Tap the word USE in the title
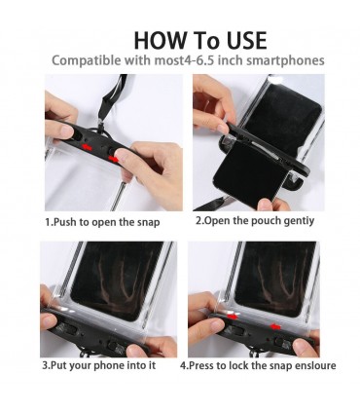click(246, 40)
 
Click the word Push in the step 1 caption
click(64, 222)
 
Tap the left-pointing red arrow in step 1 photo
click(87, 148)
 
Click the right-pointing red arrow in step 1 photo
click(114, 159)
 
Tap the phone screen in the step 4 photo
click(275, 279)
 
